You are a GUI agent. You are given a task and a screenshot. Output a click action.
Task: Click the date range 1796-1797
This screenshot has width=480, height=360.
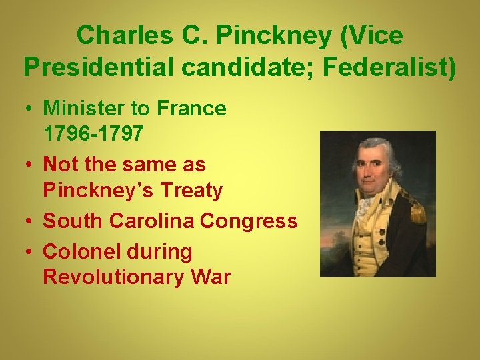93,134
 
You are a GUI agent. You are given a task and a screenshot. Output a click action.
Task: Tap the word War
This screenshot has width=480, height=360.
208,277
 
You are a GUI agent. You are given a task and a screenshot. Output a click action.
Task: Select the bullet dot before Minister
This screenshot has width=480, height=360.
29,109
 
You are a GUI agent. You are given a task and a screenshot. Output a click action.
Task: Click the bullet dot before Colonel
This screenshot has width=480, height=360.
29,252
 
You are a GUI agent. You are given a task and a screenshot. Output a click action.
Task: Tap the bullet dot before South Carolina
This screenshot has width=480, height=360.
29,221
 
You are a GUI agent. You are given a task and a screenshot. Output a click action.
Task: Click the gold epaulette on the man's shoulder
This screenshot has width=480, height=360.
417,211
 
